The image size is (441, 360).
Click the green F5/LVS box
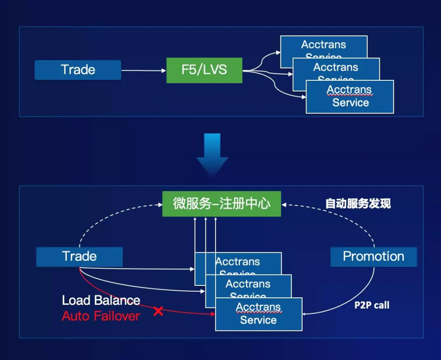[x=204, y=70]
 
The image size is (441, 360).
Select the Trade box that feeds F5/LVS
[x=78, y=70]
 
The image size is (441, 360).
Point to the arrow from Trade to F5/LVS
[x=143, y=70]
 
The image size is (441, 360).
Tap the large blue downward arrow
[x=212, y=154]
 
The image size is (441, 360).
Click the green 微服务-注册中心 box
[x=221, y=204]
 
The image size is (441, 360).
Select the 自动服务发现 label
[x=358, y=204]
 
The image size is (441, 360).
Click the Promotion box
[x=374, y=256]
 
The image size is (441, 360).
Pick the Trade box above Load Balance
[x=79, y=256]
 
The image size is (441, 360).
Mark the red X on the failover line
[x=158, y=311]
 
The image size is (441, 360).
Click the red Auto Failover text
[x=101, y=316]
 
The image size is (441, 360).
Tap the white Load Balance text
[x=101, y=301]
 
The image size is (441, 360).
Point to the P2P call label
[x=372, y=305]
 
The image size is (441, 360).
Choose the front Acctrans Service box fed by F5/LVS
[x=350, y=97]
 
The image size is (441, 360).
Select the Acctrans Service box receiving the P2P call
[x=258, y=314]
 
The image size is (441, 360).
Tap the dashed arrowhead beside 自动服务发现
[x=284, y=204]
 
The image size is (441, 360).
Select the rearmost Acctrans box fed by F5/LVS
[x=324, y=45]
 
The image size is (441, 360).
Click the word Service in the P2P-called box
[x=258, y=320]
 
